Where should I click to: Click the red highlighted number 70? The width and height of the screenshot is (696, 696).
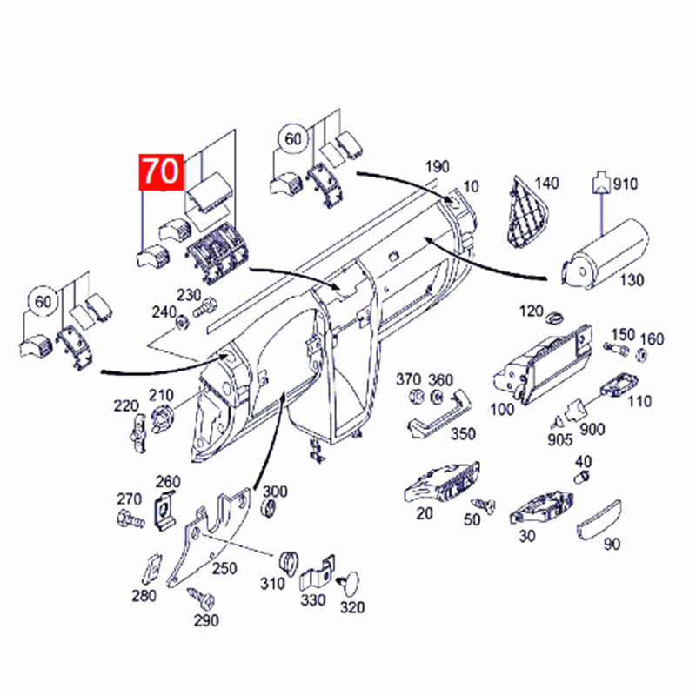[161, 171]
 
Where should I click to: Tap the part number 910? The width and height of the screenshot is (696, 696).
[625, 184]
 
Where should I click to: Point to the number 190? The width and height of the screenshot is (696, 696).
[438, 167]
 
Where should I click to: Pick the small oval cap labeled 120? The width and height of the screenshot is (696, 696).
[555, 318]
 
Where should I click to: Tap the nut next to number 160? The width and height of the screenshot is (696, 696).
[641, 355]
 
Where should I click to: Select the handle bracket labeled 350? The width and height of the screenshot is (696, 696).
[439, 414]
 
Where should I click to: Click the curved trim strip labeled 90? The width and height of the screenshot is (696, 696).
[599, 519]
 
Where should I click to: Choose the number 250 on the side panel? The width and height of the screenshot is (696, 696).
[224, 568]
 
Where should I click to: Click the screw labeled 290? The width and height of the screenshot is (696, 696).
[201, 598]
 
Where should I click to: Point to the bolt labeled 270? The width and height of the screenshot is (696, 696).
[131, 519]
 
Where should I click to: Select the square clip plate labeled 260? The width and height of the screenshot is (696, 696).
[164, 511]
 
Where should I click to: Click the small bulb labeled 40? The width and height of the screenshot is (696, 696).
[582, 478]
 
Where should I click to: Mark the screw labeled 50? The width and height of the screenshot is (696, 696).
[484, 505]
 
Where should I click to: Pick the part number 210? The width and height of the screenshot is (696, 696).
[161, 395]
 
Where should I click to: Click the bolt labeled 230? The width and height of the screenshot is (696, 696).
[205, 307]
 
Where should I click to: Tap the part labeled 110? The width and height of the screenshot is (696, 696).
[619, 385]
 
